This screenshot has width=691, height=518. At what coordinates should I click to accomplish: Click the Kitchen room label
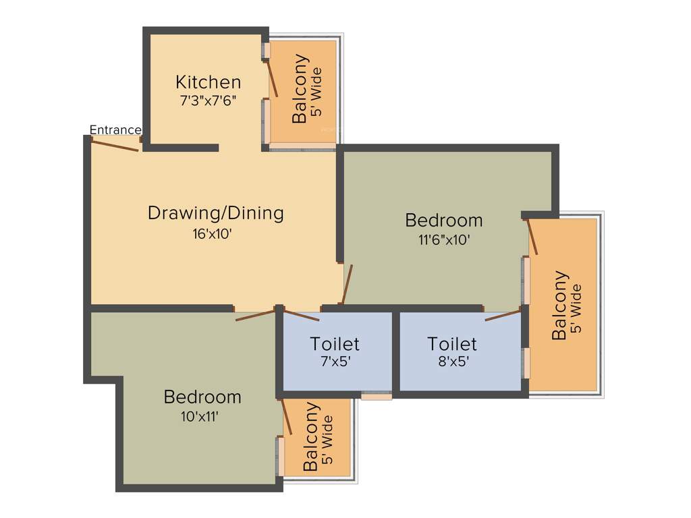tap(208, 82)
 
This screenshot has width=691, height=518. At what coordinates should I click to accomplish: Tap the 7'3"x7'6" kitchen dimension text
tap(208, 101)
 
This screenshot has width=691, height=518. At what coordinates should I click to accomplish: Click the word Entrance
tap(115, 129)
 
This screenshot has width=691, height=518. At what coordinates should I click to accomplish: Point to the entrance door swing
tap(115, 145)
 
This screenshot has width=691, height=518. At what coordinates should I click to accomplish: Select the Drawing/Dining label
tap(215, 213)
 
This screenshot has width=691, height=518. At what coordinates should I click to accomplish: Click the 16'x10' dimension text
tap(215, 234)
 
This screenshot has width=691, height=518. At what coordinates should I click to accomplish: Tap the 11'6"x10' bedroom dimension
tap(443, 239)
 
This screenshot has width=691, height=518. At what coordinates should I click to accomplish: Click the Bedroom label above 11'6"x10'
tap(443, 220)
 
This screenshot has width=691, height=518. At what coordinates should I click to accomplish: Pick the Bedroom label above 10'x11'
tap(202, 397)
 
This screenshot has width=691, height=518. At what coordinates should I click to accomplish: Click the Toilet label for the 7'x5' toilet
tap(335, 344)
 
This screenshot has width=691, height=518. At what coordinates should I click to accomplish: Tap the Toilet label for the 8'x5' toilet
tap(452, 344)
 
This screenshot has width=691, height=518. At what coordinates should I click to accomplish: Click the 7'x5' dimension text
tap(335, 361)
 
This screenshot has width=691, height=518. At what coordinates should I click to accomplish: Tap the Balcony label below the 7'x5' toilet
tap(311, 437)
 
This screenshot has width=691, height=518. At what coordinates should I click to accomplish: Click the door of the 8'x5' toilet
tap(503, 314)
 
